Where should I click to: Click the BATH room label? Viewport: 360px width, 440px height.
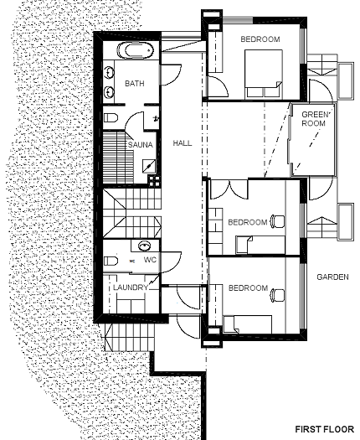(x=135, y=83)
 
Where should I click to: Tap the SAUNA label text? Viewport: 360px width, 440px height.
(x=141, y=145)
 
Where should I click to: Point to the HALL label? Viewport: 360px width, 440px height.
(x=183, y=143)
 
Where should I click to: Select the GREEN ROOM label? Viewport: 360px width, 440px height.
(x=314, y=119)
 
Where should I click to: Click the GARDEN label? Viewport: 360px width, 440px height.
(x=333, y=277)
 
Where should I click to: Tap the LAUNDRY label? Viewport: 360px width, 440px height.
(x=131, y=287)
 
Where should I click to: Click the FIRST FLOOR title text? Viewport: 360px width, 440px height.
(x=324, y=429)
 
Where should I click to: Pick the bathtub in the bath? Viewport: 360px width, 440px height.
(x=136, y=50)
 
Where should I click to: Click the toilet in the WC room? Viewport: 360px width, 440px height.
(x=111, y=261)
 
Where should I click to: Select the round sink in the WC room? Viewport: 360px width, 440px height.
(x=145, y=246)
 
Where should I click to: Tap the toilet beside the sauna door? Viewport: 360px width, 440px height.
(x=111, y=117)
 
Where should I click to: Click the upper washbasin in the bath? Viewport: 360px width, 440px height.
(x=109, y=72)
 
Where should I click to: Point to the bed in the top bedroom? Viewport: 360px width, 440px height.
(x=263, y=75)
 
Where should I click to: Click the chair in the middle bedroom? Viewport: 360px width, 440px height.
(x=277, y=221)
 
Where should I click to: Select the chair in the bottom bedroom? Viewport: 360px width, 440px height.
(x=277, y=296)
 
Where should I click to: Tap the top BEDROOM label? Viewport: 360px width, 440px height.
(x=260, y=39)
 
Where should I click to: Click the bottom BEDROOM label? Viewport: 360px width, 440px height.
(x=248, y=288)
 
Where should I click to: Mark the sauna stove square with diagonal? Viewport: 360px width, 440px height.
(x=148, y=166)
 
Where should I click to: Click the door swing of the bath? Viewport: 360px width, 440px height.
(x=171, y=75)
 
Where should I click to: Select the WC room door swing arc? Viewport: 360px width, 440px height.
(x=171, y=262)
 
